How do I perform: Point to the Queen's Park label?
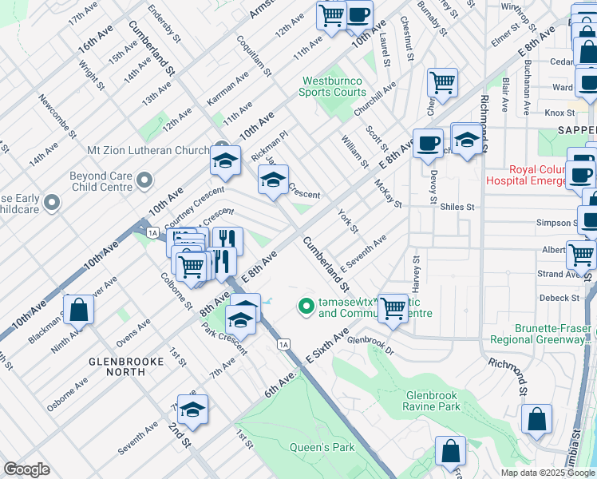pos(322,447)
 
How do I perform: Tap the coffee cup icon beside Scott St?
pos(428,143)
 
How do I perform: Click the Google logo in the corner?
pos(26,469)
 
